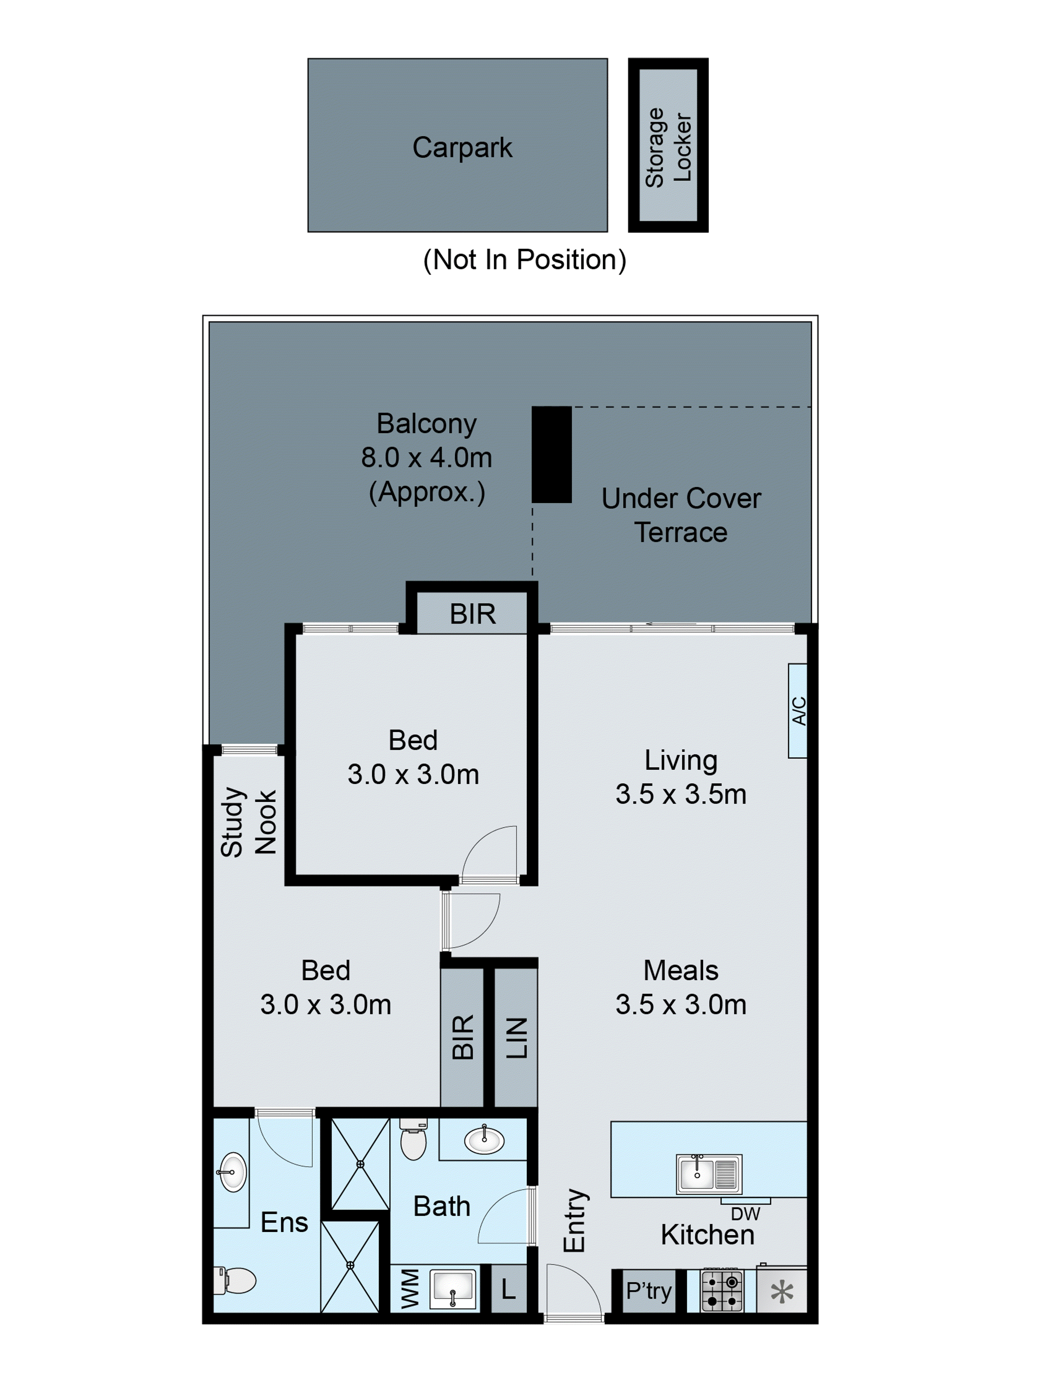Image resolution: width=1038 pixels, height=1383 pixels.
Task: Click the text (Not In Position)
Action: coord(524,259)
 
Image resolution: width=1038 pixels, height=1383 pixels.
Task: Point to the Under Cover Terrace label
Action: coord(681,515)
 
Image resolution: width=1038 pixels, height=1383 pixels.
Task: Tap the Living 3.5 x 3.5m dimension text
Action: coord(681,794)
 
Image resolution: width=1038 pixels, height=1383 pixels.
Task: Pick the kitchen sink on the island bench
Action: coord(709,1174)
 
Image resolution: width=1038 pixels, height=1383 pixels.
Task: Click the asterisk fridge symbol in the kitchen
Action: coord(782,1292)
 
